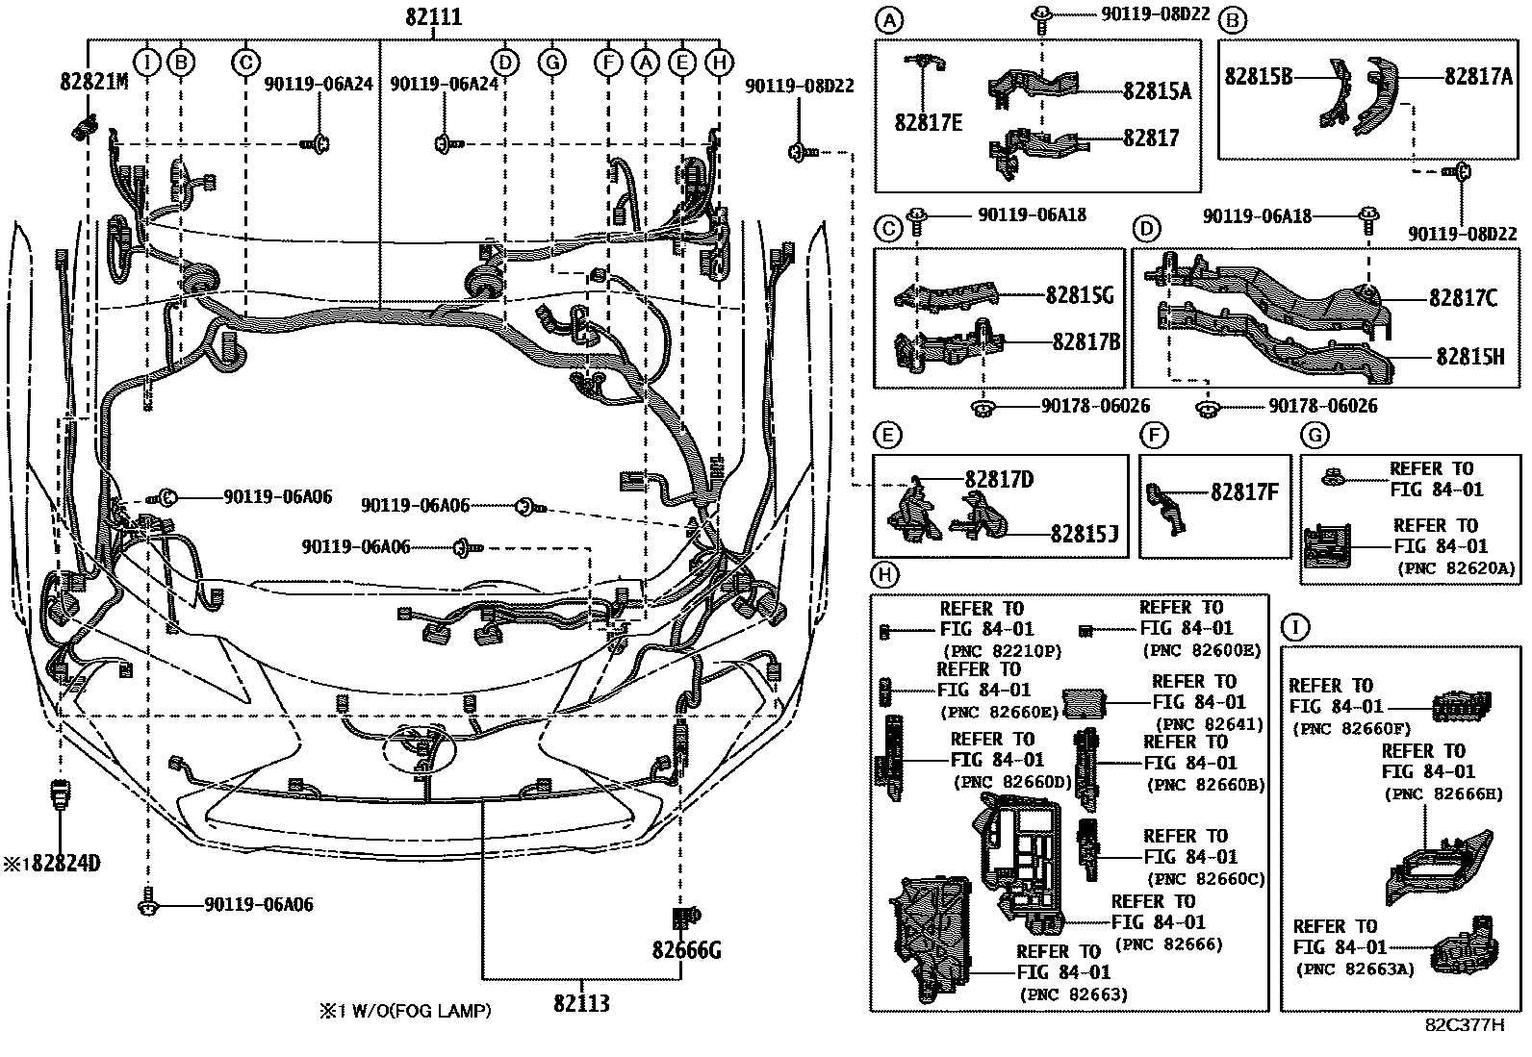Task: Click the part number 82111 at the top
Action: (x=433, y=17)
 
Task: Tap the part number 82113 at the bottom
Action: (x=581, y=1003)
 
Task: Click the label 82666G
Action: (x=686, y=951)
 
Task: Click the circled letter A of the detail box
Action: (x=890, y=19)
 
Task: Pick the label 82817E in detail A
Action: (x=928, y=122)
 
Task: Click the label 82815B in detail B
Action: (x=1258, y=75)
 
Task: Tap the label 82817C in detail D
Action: (x=1463, y=298)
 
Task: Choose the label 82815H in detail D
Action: (x=1469, y=356)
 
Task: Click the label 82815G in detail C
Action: (x=1080, y=295)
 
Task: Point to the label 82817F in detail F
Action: (x=1244, y=491)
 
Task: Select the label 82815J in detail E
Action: (x=1083, y=534)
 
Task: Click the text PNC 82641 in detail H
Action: (x=1208, y=724)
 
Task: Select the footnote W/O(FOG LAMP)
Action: (x=416, y=1011)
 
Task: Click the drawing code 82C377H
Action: (x=1464, y=1024)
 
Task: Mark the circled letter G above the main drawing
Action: (x=551, y=63)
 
